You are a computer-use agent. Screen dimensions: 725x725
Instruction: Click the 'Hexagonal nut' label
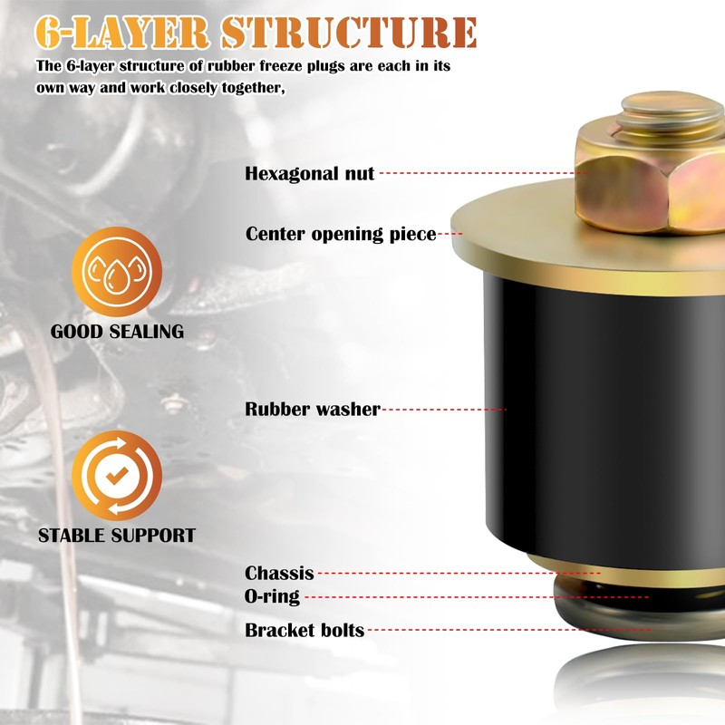(309, 173)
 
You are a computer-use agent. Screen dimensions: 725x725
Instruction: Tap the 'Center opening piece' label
(341, 235)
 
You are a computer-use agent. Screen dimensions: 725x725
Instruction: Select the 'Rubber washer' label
(312, 410)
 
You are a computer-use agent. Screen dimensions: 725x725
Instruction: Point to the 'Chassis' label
(279, 574)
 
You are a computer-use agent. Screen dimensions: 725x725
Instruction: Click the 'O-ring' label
(272, 597)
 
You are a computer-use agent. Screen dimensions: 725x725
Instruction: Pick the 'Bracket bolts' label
(304, 630)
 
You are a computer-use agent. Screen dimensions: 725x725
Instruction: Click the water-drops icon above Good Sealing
(117, 273)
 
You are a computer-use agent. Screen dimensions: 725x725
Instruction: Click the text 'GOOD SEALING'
(117, 332)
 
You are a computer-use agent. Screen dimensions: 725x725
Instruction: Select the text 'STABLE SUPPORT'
(117, 536)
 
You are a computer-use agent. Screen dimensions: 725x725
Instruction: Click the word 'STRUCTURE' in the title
(349, 33)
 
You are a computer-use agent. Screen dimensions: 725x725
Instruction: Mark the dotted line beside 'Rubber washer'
(444, 410)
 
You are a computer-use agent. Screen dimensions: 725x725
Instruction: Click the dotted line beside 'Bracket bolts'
(507, 629)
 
